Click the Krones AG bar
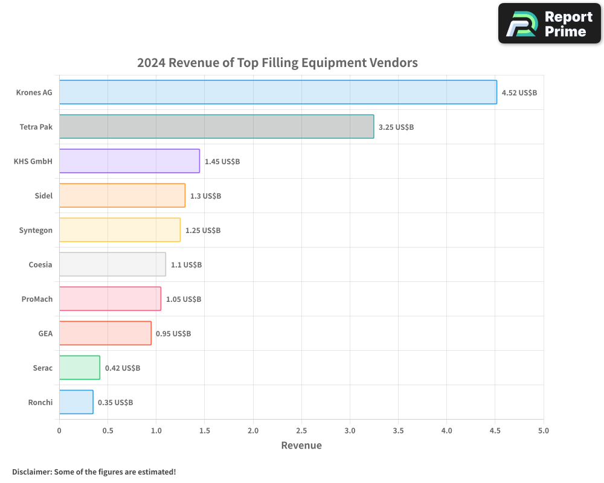click(x=278, y=92)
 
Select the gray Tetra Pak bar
click(x=216, y=127)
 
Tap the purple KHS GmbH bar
click(x=129, y=161)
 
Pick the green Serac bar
click(x=79, y=368)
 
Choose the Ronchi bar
click(x=76, y=402)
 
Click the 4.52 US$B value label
click(x=519, y=93)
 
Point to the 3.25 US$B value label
click(x=396, y=127)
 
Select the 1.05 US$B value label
click(x=184, y=299)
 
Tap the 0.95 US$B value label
click(x=173, y=334)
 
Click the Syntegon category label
click(x=36, y=230)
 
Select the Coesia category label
click(x=40, y=264)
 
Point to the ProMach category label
click(x=37, y=299)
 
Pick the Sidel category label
click(x=43, y=196)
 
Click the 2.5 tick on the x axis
click(x=301, y=431)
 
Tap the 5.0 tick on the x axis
click(x=544, y=431)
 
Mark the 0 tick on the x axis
click(x=59, y=431)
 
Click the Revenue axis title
click(x=301, y=446)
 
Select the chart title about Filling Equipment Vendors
click(x=277, y=63)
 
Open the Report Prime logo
click(x=550, y=24)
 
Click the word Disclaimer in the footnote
click(x=31, y=472)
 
